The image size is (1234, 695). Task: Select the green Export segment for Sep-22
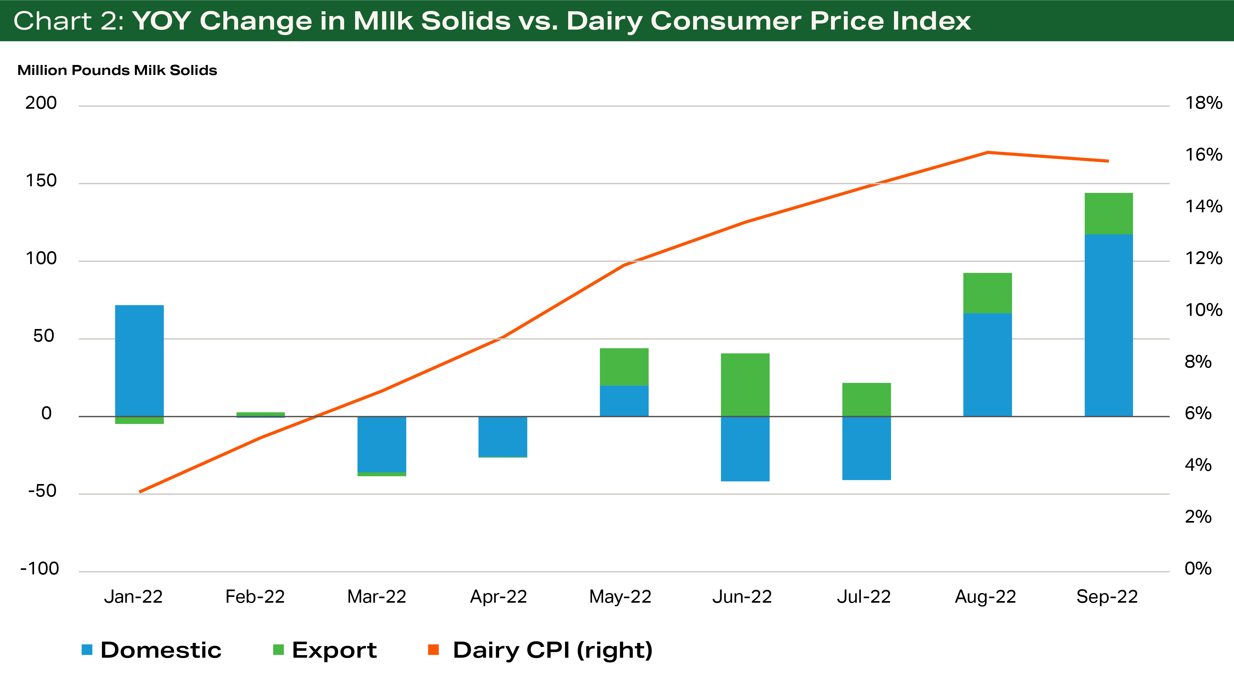pos(1108,213)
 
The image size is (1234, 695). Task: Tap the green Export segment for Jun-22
pos(745,384)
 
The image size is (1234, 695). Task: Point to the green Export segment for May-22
pos(624,367)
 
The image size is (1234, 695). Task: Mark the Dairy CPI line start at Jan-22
pos(140,492)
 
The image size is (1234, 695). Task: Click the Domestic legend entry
pos(160,650)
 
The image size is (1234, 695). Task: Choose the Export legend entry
pos(334,650)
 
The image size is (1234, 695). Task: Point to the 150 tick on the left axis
pos(41,181)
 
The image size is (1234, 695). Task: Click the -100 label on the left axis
pos(39,569)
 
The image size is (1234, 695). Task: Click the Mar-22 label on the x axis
pos(377,597)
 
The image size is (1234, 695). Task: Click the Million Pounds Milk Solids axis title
pos(117,70)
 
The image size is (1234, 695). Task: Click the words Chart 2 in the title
pos(68,21)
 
